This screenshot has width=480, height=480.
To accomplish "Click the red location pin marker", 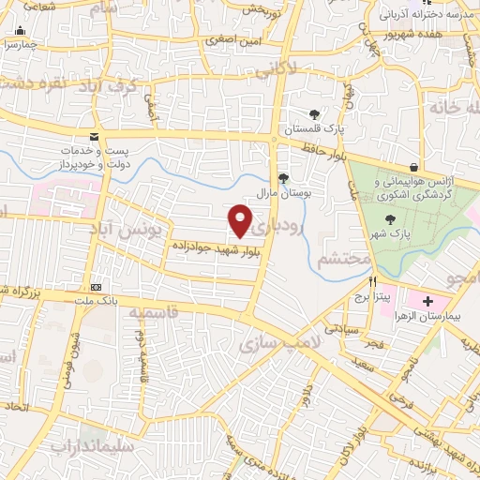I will coord(240,219).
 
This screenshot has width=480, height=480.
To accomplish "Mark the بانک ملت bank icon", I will coord(96,287).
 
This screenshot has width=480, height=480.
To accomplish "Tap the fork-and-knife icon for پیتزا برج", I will coord(372,281).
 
